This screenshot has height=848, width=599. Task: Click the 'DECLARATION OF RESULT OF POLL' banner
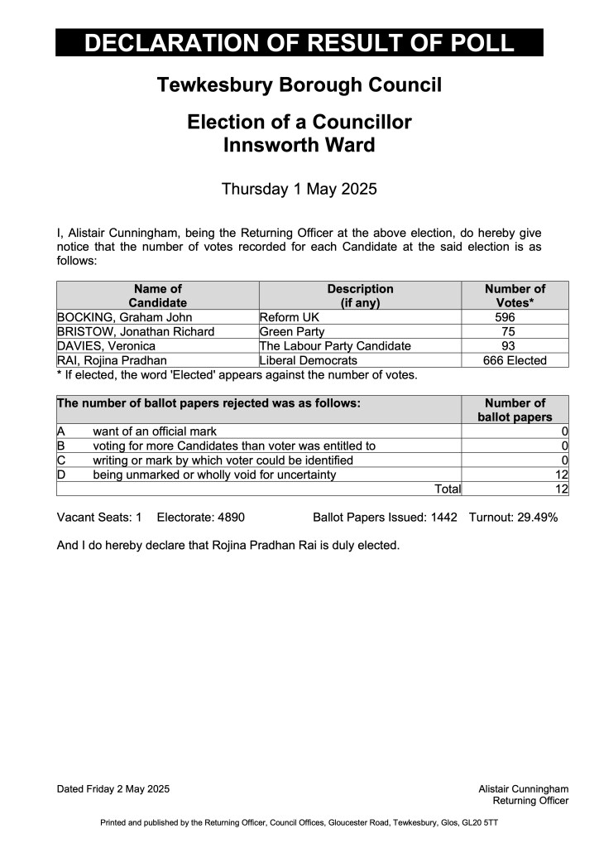tap(299, 42)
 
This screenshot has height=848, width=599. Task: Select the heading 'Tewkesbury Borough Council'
tap(299, 84)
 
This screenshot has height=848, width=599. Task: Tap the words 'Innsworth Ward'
tap(299, 146)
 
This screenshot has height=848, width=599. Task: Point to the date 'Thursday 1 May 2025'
tap(299, 189)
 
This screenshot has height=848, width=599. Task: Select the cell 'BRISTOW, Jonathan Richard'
tap(136, 331)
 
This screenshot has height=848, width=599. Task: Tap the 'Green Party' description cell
tap(292, 331)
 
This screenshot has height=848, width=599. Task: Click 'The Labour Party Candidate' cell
tap(335, 345)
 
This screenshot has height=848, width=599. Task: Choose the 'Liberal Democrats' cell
tap(309, 360)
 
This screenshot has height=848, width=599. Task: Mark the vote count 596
tap(505, 317)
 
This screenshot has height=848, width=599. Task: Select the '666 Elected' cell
tap(515, 360)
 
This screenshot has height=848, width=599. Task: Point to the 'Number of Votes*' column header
tap(515, 296)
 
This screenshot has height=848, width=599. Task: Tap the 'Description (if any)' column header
tap(360, 296)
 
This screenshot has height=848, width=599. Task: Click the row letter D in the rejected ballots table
tap(60, 475)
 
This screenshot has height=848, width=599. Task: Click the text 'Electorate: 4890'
tap(200, 518)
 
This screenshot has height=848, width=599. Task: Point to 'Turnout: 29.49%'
tap(513, 518)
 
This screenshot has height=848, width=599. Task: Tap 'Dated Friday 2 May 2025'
tap(113, 789)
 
